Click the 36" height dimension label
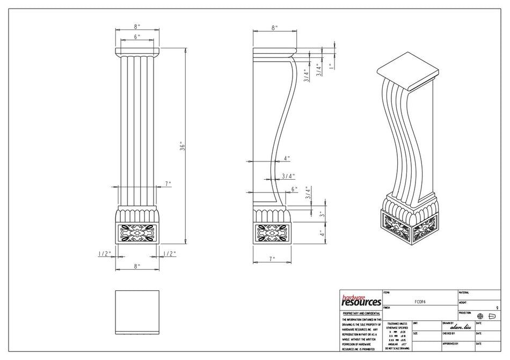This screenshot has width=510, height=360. click(183, 145)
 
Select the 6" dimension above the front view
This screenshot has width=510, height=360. click(137, 37)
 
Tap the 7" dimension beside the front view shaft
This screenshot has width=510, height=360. click(168, 183)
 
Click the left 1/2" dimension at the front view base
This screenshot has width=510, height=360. click(104, 253)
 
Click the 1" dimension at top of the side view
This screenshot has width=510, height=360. click(331, 67)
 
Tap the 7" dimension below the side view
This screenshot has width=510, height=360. click(272, 259)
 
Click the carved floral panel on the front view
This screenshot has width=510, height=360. click(137, 234)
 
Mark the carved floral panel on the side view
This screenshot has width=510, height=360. click(272, 233)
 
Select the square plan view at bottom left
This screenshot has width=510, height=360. click(137, 312)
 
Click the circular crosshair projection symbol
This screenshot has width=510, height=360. click(480, 317)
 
